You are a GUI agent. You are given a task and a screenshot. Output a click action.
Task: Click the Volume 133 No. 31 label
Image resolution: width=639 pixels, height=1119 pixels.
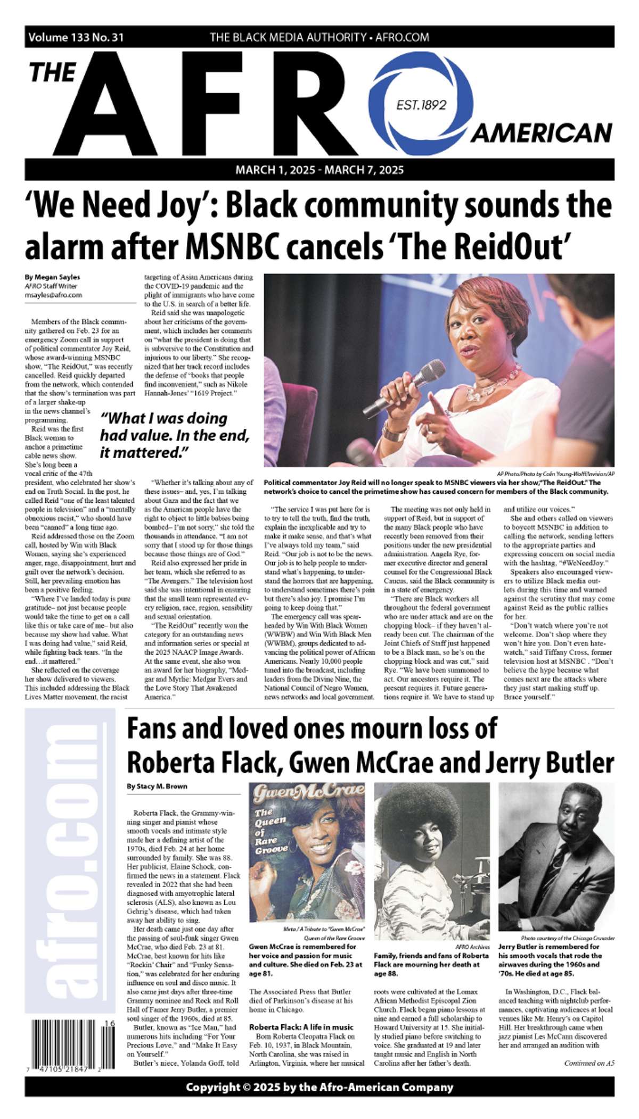(x=76, y=37)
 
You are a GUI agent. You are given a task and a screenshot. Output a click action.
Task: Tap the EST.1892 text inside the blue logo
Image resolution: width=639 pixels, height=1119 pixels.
(x=421, y=105)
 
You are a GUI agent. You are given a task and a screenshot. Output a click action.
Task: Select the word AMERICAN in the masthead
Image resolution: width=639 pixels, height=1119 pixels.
(x=541, y=133)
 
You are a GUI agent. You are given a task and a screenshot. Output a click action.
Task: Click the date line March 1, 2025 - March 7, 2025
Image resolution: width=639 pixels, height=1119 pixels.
(x=319, y=170)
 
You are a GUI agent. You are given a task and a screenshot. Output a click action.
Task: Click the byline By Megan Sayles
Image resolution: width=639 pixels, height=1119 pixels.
(x=52, y=277)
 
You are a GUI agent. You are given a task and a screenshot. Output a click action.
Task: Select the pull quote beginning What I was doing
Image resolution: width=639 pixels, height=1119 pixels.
(x=175, y=435)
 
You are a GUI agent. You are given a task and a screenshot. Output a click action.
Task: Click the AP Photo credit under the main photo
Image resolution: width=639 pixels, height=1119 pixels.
(x=555, y=473)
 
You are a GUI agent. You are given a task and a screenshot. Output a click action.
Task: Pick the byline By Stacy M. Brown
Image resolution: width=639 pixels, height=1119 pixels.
(x=157, y=786)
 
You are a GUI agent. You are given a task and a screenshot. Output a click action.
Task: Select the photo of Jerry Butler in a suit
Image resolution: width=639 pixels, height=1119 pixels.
(x=556, y=857)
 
